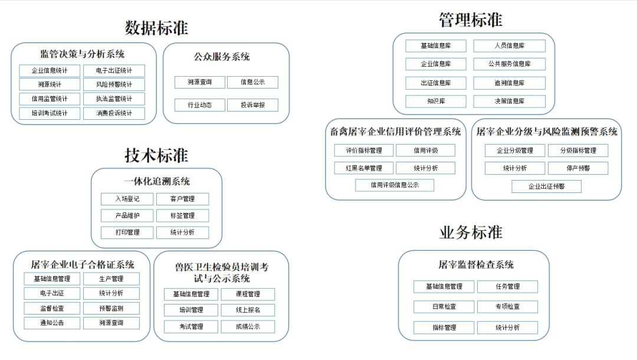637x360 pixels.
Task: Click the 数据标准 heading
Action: point(156,28)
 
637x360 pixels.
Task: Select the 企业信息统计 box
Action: point(50,71)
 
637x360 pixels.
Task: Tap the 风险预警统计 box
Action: point(114,84)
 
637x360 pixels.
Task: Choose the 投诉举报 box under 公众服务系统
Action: point(252,105)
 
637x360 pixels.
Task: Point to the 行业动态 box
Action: point(199,105)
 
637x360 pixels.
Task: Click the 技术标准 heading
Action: point(156,156)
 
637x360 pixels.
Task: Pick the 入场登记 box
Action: point(127,199)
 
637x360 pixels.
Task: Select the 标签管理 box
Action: point(182,216)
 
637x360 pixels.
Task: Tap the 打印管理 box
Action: point(127,233)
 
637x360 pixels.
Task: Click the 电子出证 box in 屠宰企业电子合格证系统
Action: point(52,293)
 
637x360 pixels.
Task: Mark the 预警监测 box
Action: point(111,309)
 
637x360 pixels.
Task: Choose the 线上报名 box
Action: point(248,310)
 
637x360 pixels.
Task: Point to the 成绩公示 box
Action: point(248,327)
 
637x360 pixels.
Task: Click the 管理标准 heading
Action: point(471,20)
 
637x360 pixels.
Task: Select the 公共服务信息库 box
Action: point(510,64)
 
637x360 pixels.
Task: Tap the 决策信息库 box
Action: point(510,101)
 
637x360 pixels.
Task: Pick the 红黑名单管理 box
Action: point(364,168)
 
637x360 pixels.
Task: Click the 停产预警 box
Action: point(578,168)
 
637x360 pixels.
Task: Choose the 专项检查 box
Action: point(507,307)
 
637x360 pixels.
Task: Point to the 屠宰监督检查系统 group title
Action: point(476,265)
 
